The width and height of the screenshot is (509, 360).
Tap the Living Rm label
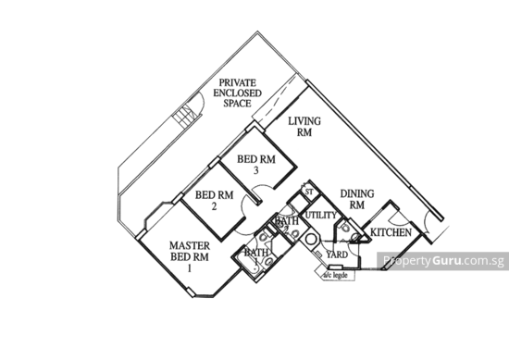[x=304, y=127]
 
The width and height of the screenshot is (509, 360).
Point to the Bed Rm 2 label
[x=214, y=200]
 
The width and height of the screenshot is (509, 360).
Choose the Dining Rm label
[x=356, y=200]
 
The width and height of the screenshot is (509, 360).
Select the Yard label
[x=339, y=253]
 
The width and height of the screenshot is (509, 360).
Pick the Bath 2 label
[x=285, y=220]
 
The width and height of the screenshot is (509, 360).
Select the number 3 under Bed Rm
[x=255, y=171]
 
